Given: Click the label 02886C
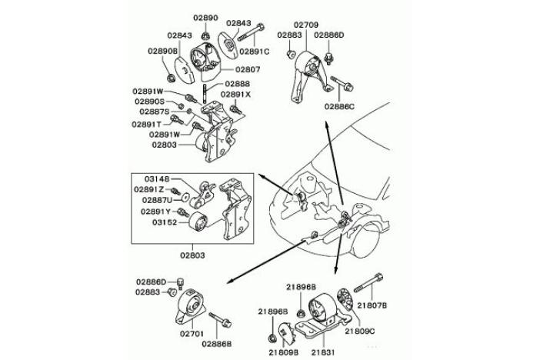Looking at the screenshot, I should [339, 105].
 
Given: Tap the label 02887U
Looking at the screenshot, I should [157, 200].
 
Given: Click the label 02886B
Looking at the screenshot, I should [218, 344].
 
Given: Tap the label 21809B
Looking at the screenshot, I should [284, 352].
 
